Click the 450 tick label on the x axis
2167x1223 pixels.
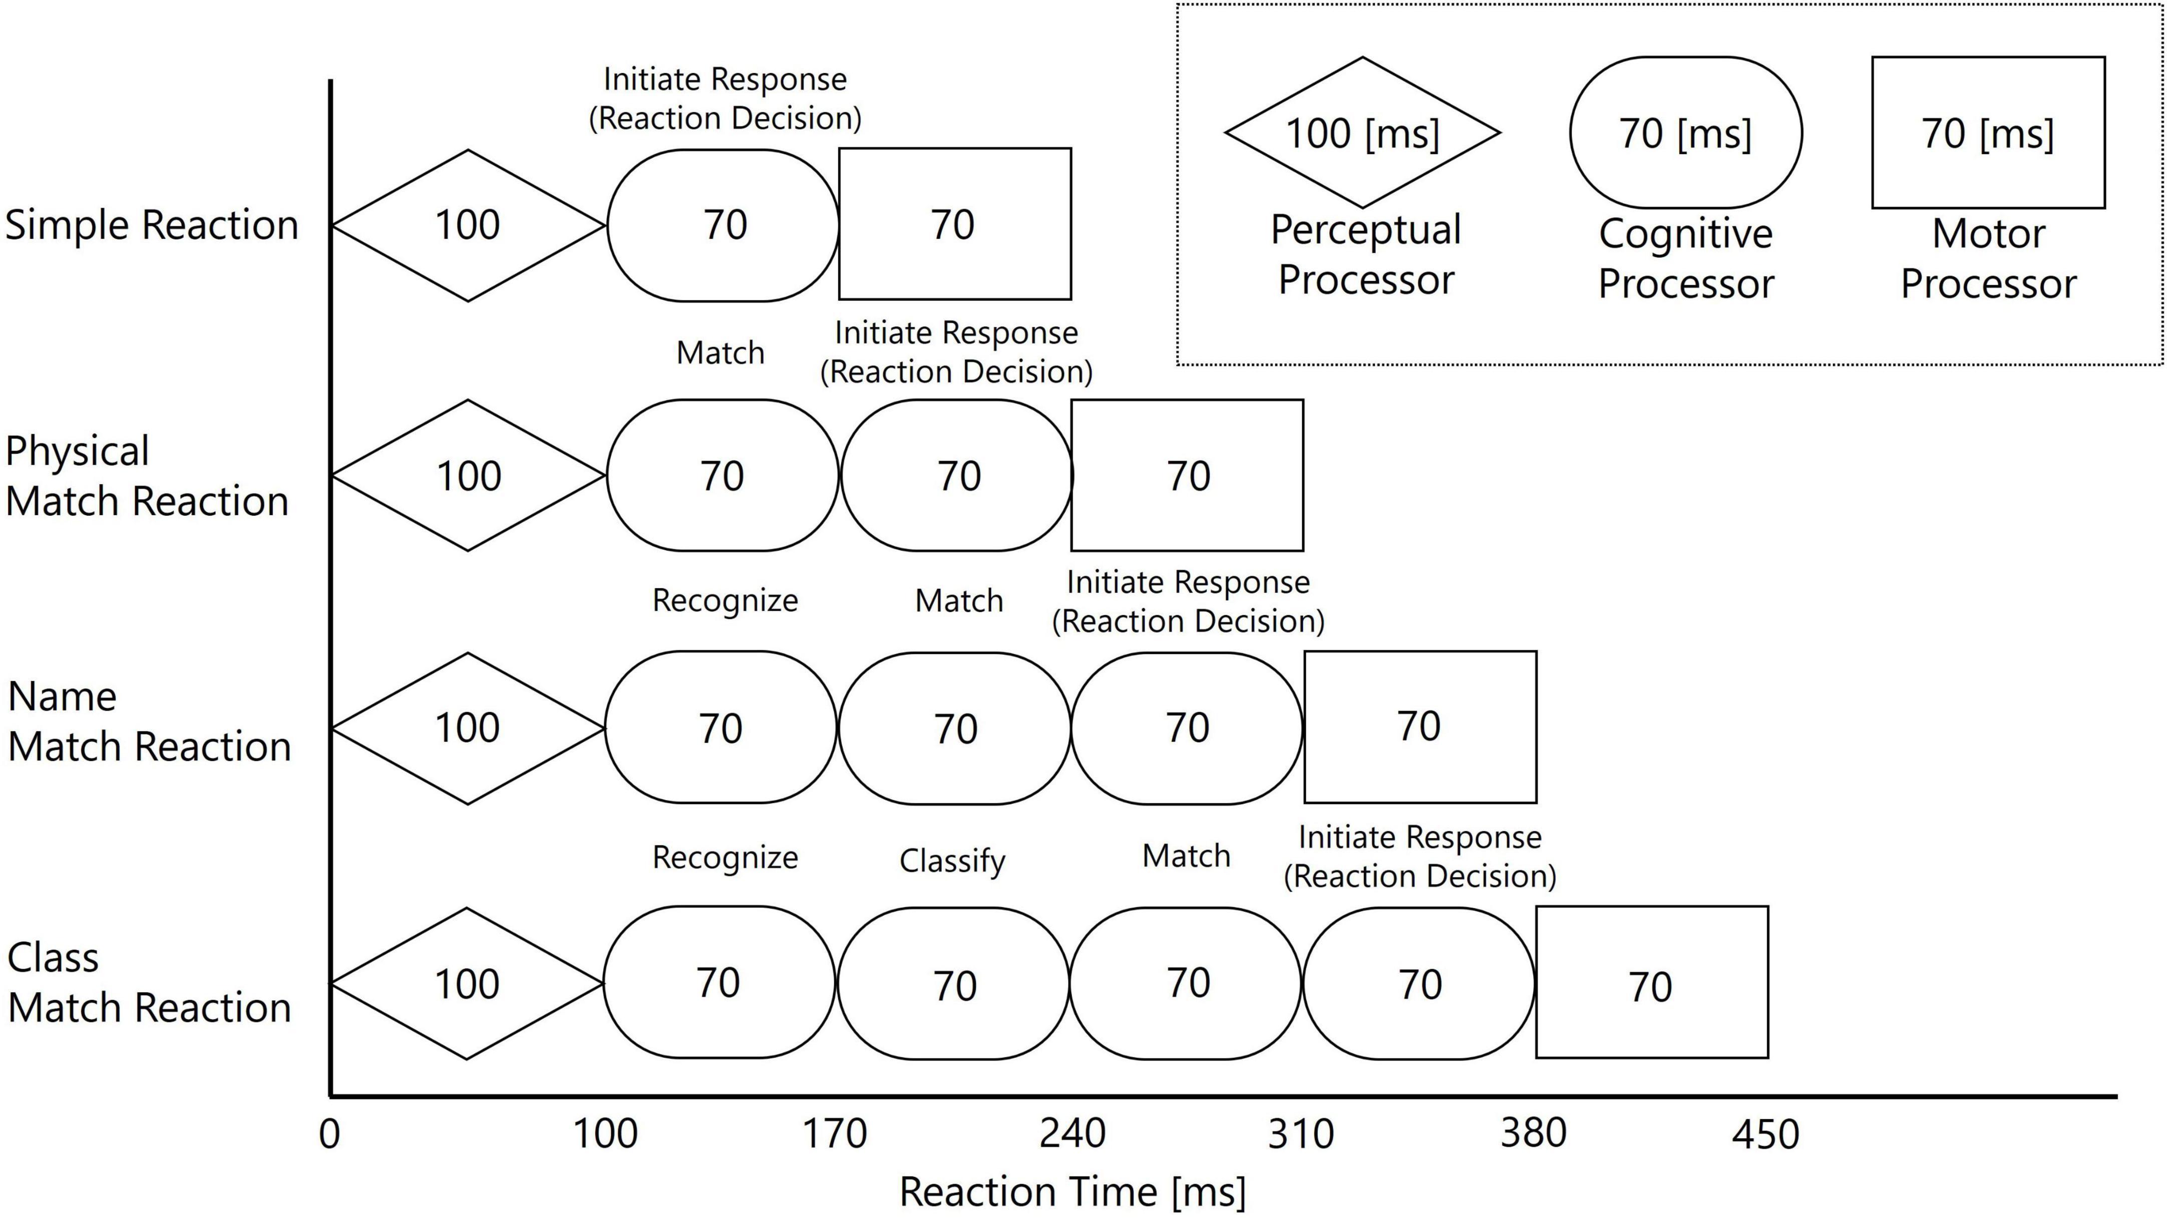click(x=1765, y=1134)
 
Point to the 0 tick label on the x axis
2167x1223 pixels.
click(x=330, y=1134)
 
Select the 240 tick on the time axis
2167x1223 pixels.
click(x=1071, y=1134)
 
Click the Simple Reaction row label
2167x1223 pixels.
click(x=151, y=225)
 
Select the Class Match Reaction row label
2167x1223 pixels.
click(x=149, y=982)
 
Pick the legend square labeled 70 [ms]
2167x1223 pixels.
click(x=1988, y=133)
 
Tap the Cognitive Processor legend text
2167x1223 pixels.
click(x=1686, y=258)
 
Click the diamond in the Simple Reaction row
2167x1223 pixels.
click(x=468, y=225)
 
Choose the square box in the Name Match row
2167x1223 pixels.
click(x=1420, y=727)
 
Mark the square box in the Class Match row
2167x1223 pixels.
click(x=1652, y=982)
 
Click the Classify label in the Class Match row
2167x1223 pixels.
click(x=952, y=861)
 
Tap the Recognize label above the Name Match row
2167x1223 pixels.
click(x=725, y=601)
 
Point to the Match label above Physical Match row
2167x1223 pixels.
click(x=720, y=352)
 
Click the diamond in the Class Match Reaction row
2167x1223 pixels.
click(x=467, y=983)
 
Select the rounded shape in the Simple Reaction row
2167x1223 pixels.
click(x=724, y=225)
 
